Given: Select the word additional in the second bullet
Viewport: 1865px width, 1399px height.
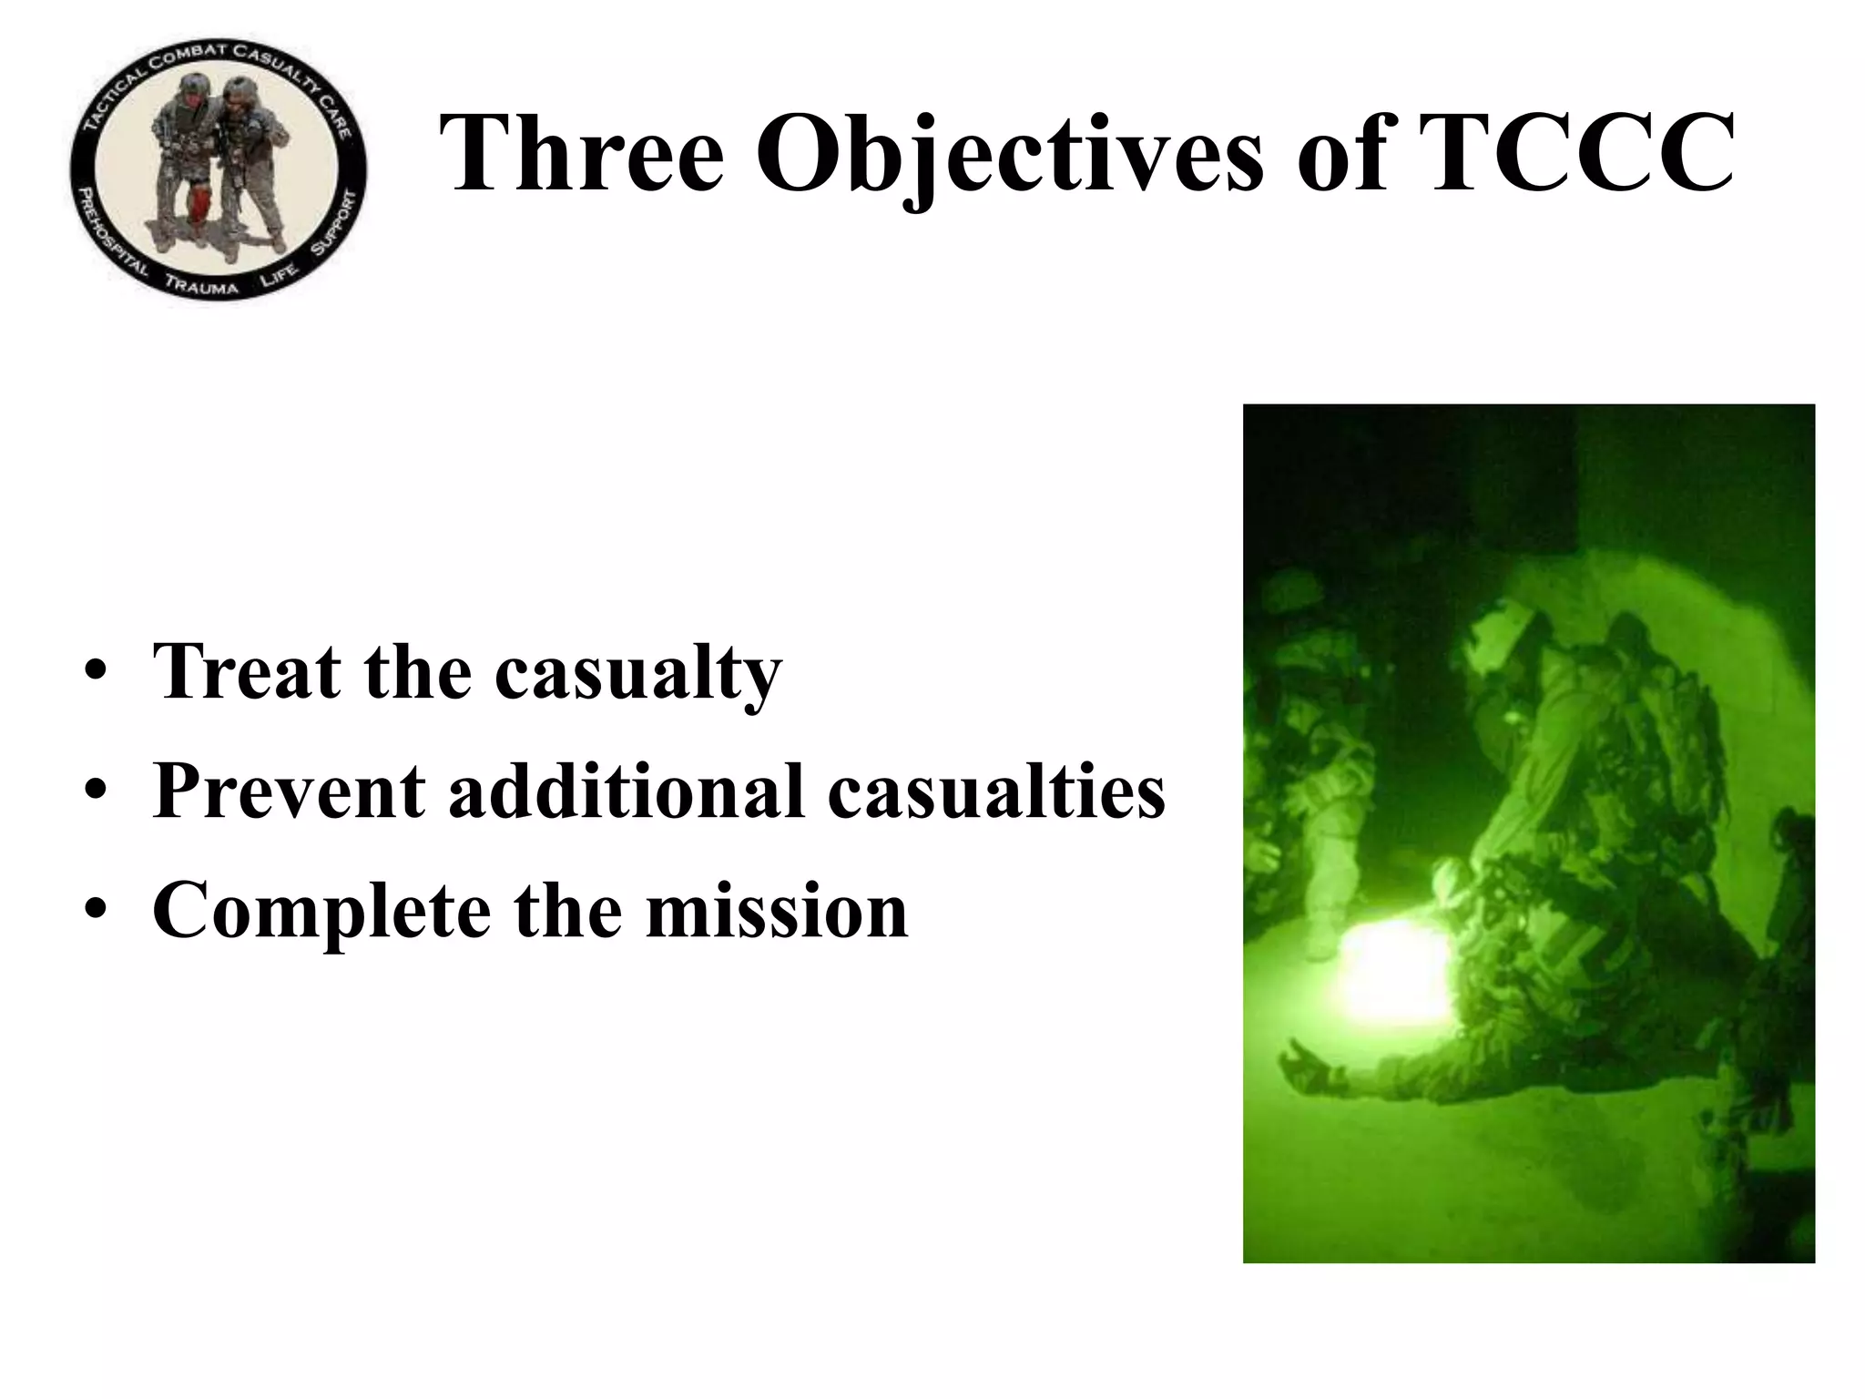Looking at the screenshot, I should tap(627, 790).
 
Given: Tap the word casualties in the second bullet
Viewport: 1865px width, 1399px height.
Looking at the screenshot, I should tap(996, 790).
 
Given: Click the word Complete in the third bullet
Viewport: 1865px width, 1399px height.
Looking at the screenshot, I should tap(321, 911).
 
